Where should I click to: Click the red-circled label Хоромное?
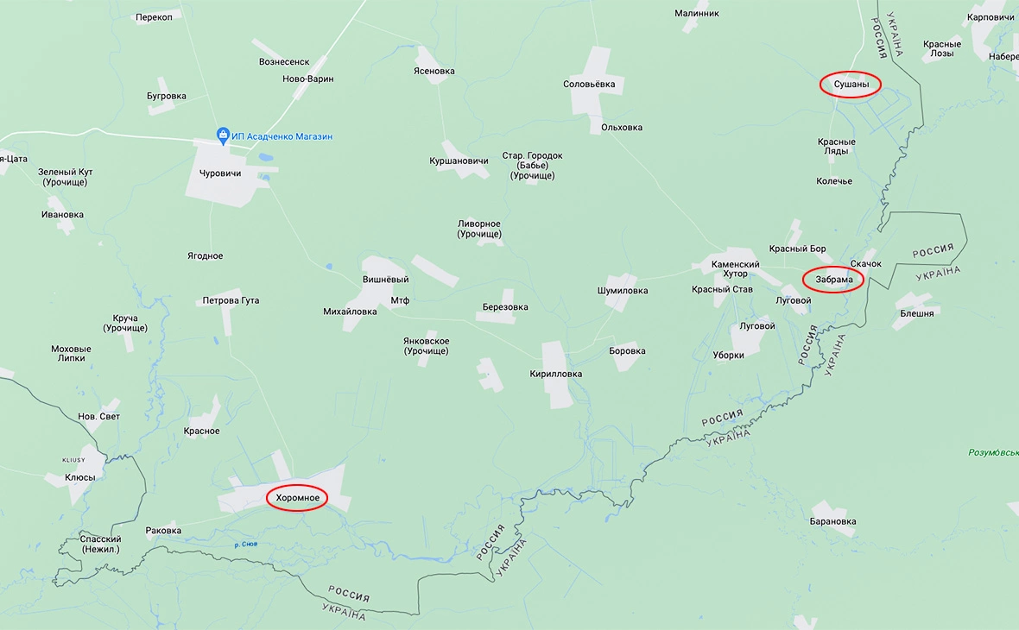point(297,498)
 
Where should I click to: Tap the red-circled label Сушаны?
point(850,84)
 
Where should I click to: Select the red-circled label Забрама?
point(833,280)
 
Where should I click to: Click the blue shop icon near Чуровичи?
point(223,135)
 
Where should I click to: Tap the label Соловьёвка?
point(589,84)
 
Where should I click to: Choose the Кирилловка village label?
point(555,374)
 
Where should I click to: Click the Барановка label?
point(832,521)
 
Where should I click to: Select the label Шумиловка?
point(622,291)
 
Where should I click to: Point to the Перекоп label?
point(154,18)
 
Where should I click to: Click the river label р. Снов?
point(246,544)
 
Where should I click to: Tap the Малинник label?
point(696,13)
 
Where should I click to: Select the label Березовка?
point(505,307)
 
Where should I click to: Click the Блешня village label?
point(916,313)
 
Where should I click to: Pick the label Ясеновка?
point(434,71)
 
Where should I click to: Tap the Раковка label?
point(163,531)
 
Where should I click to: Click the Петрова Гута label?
point(231,300)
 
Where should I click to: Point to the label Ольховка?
point(622,128)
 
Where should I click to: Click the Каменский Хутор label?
point(735,269)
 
